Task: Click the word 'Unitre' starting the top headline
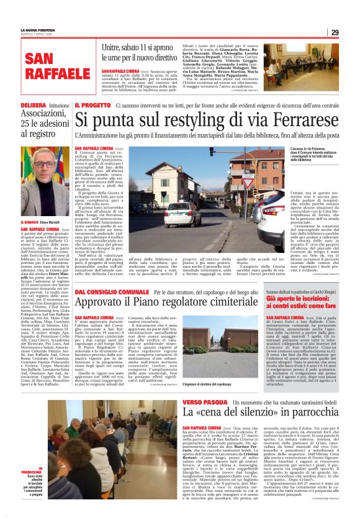tap(111, 47)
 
